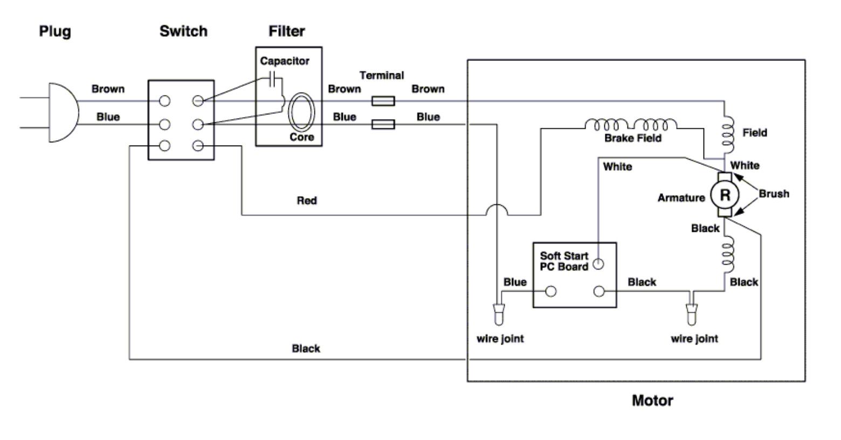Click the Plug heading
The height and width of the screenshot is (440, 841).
click(55, 31)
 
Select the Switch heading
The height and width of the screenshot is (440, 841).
click(184, 31)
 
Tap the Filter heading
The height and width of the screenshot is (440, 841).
click(286, 31)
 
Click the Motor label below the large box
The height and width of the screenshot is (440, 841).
click(652, 401)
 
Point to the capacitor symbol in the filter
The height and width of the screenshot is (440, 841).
click(273, 79)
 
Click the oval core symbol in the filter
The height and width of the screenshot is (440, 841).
click(301, 112)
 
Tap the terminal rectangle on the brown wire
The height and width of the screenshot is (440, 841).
click(383, 101)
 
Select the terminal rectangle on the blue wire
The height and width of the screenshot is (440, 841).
click(383, 124)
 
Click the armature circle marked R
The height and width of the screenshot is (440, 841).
click(725, 195)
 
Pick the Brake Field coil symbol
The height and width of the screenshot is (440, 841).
click(631, 124)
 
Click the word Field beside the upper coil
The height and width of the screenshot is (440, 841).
click(755, 133)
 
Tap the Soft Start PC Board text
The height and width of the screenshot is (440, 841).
click(564, 262)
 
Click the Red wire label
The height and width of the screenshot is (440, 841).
click(307, 201)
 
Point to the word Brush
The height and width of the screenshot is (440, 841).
click(774, 194)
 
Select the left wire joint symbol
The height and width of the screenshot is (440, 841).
click(499, 314)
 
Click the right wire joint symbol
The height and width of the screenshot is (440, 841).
click(692, 314)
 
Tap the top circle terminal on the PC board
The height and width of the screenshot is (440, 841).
click(598, 264)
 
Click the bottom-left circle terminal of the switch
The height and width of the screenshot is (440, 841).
click(164, 146)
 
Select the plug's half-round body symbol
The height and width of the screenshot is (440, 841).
click(64, 113)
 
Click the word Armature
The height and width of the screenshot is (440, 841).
click(681, 198)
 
